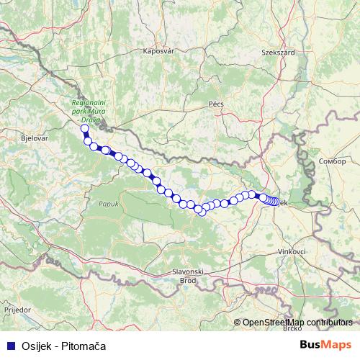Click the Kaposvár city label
pyautogui.click(x=159, y=51)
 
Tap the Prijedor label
pyautogui.click(x=17, y=308)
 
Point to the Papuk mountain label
pyautogui.click(x=99, y=204)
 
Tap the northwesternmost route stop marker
pyautogui.click(x=84, y=129)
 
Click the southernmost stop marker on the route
pyautogui.click(x=202, y=211)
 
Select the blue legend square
pyautogui.click(x=9, y=346)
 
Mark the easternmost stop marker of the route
pyautogui.click(x=276, y=202)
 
